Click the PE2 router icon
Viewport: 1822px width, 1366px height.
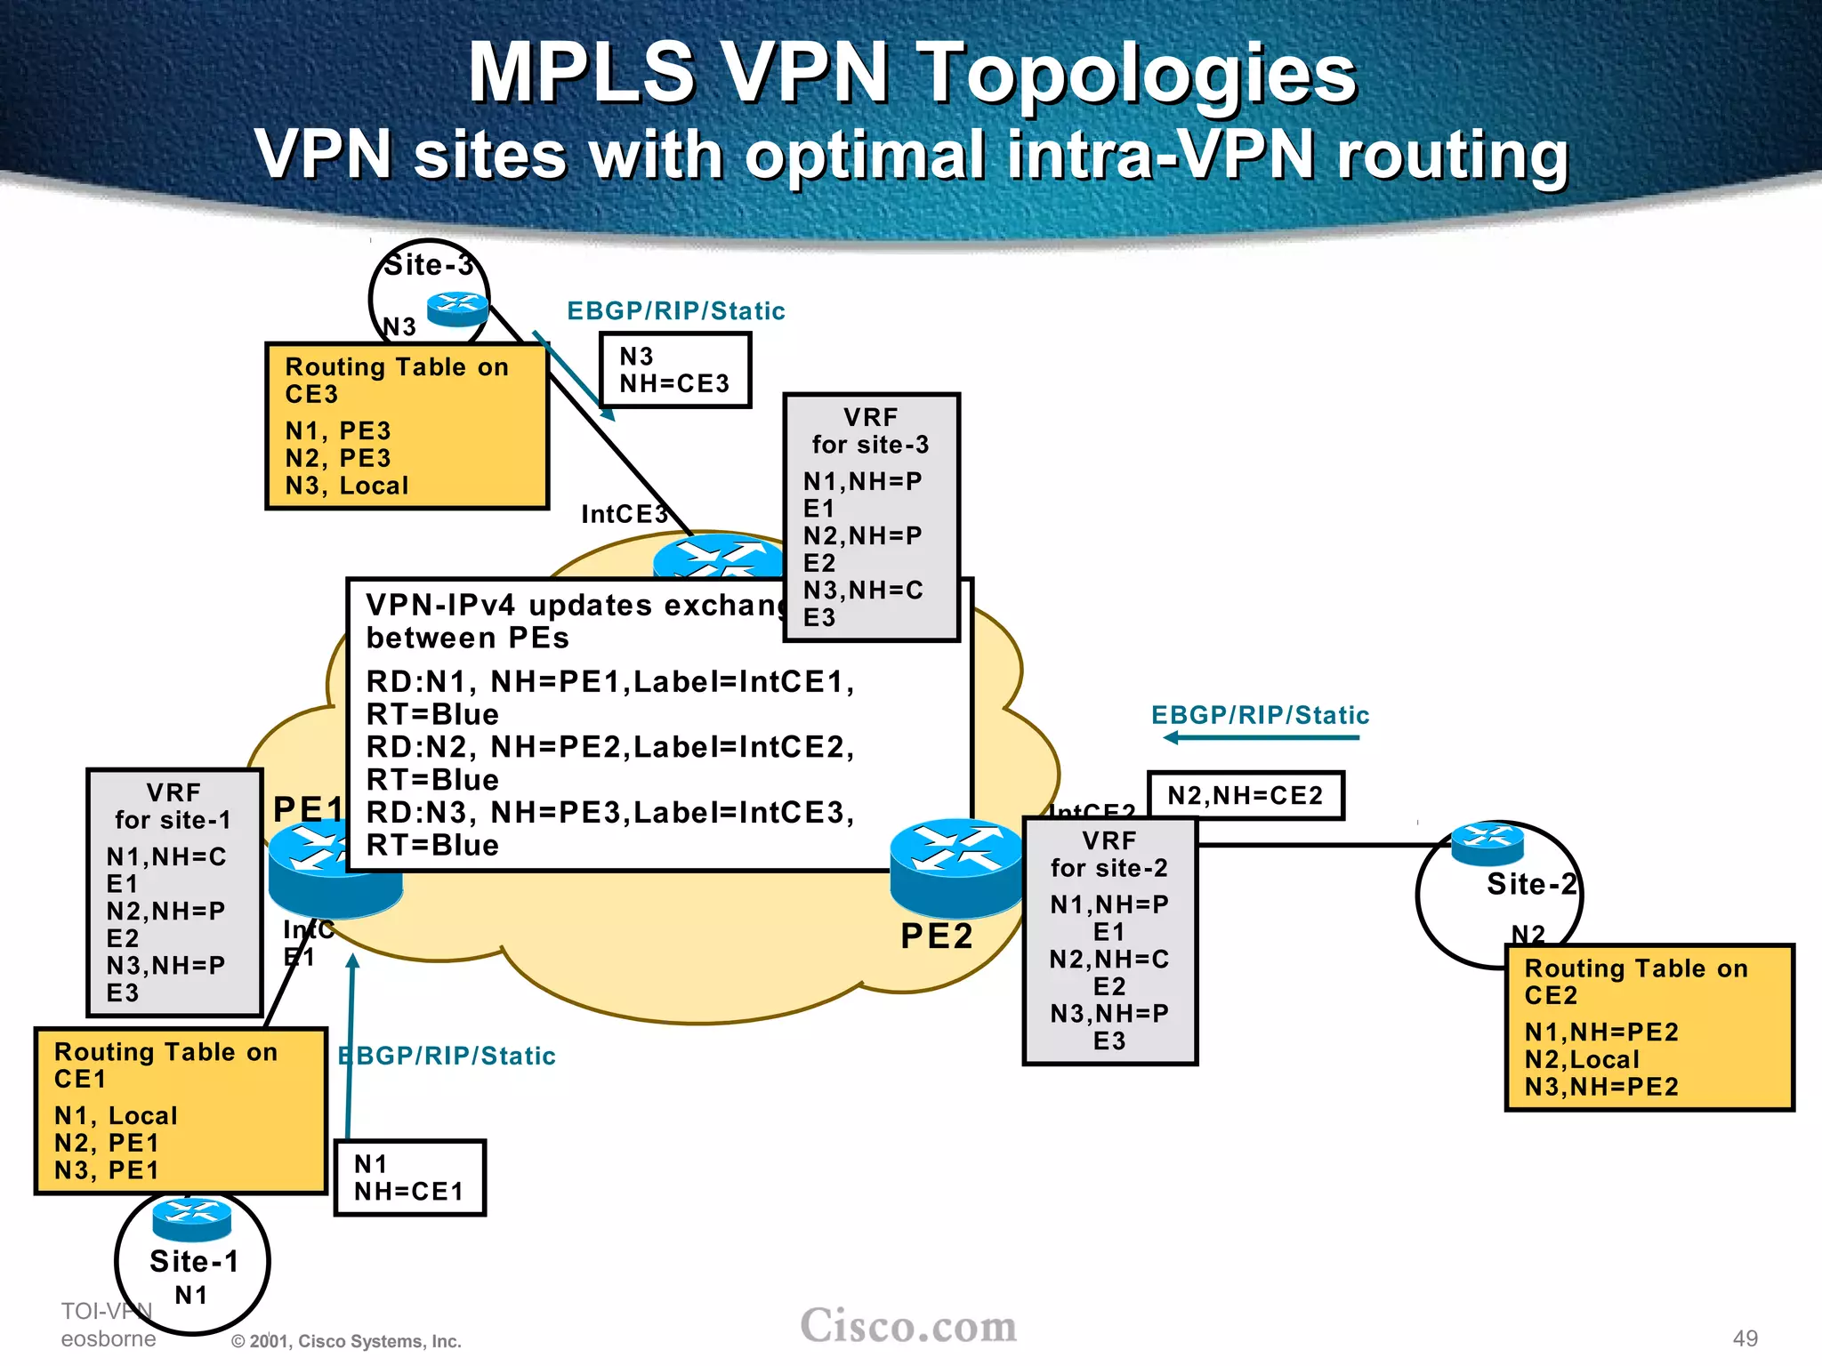[x=956, y=867]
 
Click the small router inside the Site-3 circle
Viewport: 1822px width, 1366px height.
[x=458, y=309]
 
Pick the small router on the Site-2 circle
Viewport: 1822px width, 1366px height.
[x=1487, y=843]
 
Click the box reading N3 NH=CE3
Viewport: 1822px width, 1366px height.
[x=675, y=370]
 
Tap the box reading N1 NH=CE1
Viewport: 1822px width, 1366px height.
[x=410, y=1177]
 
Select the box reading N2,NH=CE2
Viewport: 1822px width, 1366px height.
[x=1246, y=795]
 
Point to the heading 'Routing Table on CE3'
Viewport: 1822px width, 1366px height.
[x=397, y=380]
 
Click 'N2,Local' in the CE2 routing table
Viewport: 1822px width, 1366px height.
[x=1582, y=1059]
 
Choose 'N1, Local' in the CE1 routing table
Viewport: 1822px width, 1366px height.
[x=116, y=1115]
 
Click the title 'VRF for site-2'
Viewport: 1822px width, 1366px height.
[x=1109, y=854]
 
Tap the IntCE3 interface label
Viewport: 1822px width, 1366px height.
[x=624, y=514]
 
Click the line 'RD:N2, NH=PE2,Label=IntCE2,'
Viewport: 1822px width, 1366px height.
[x=610, y=747]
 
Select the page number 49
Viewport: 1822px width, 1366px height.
[x=1745, y=1338]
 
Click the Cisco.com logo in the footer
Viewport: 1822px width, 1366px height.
[x=908, y=1326]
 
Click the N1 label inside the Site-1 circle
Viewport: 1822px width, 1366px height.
[x=191, y=1295]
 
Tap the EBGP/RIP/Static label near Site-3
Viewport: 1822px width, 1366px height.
[x=676, y=310]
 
